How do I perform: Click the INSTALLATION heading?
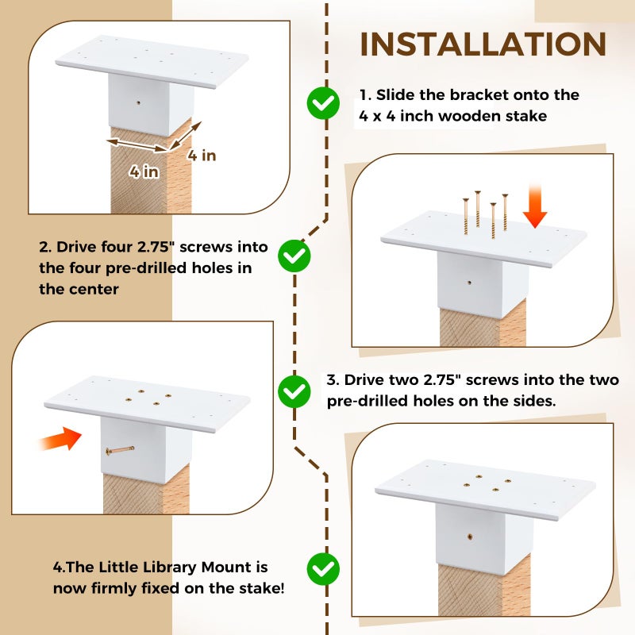(483, 44)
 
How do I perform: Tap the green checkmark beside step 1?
(323, 102)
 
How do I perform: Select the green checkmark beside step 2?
(295, 255)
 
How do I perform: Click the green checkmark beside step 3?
(294, 391)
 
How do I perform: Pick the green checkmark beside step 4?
(323, 568)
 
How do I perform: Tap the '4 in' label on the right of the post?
(202, 156)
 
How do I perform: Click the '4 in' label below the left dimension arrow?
(144, 172)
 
